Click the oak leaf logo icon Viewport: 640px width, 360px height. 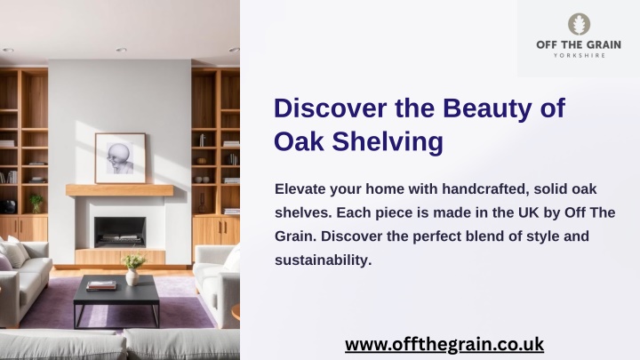pos(579,24)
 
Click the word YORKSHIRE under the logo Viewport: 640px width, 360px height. pos(580,55)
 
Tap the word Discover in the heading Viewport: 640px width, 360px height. pos(331,108)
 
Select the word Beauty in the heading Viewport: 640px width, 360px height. pos(488,109)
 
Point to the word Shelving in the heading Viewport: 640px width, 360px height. pos(388,142)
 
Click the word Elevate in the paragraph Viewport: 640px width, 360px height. pos(300,188)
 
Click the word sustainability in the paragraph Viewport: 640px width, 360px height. pos(323,260)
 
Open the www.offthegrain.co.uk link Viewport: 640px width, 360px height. pos(444,344)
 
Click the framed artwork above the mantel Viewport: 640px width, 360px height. pos(120,158)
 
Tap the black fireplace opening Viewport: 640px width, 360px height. pos(120,232)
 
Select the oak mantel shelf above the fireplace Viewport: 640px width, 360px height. pos(120,190)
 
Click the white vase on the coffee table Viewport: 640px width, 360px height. pos(132,276)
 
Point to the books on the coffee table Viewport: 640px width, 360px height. pos(101,285)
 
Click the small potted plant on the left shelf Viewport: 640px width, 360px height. pos(36,203)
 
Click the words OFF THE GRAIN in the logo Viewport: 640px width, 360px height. pos(579,44)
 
